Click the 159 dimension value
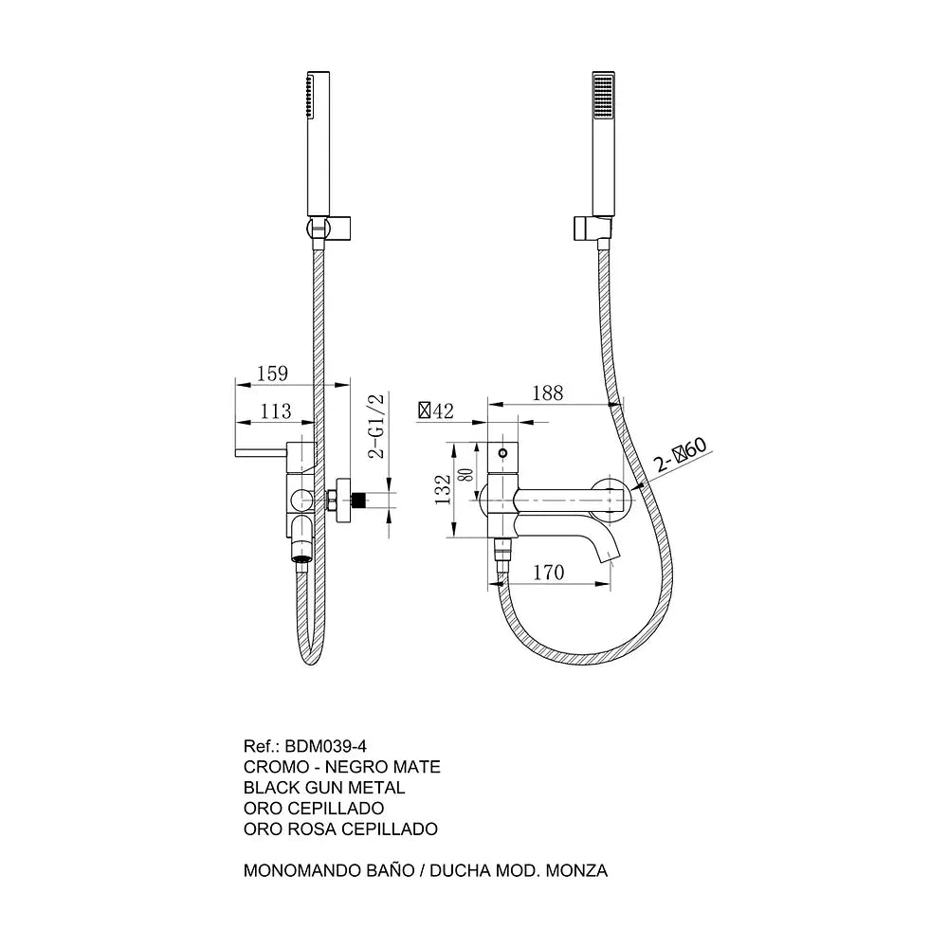(272, 373)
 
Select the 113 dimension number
(276, 411)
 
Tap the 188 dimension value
(547, 393)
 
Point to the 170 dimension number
(548, 572)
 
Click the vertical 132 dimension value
(443, 490)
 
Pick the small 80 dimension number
(467, 475)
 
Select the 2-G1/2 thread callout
(376, 427)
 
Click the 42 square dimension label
(436, 411)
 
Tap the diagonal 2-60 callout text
(680, 455)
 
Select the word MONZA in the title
(576, 870)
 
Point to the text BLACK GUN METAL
(324, 787)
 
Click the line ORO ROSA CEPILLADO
(340, 829)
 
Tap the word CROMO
(276, 767)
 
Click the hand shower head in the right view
(603, 145)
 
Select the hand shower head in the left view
(318, 144)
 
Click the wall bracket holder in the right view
(592, 228)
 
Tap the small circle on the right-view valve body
(501, 452)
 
